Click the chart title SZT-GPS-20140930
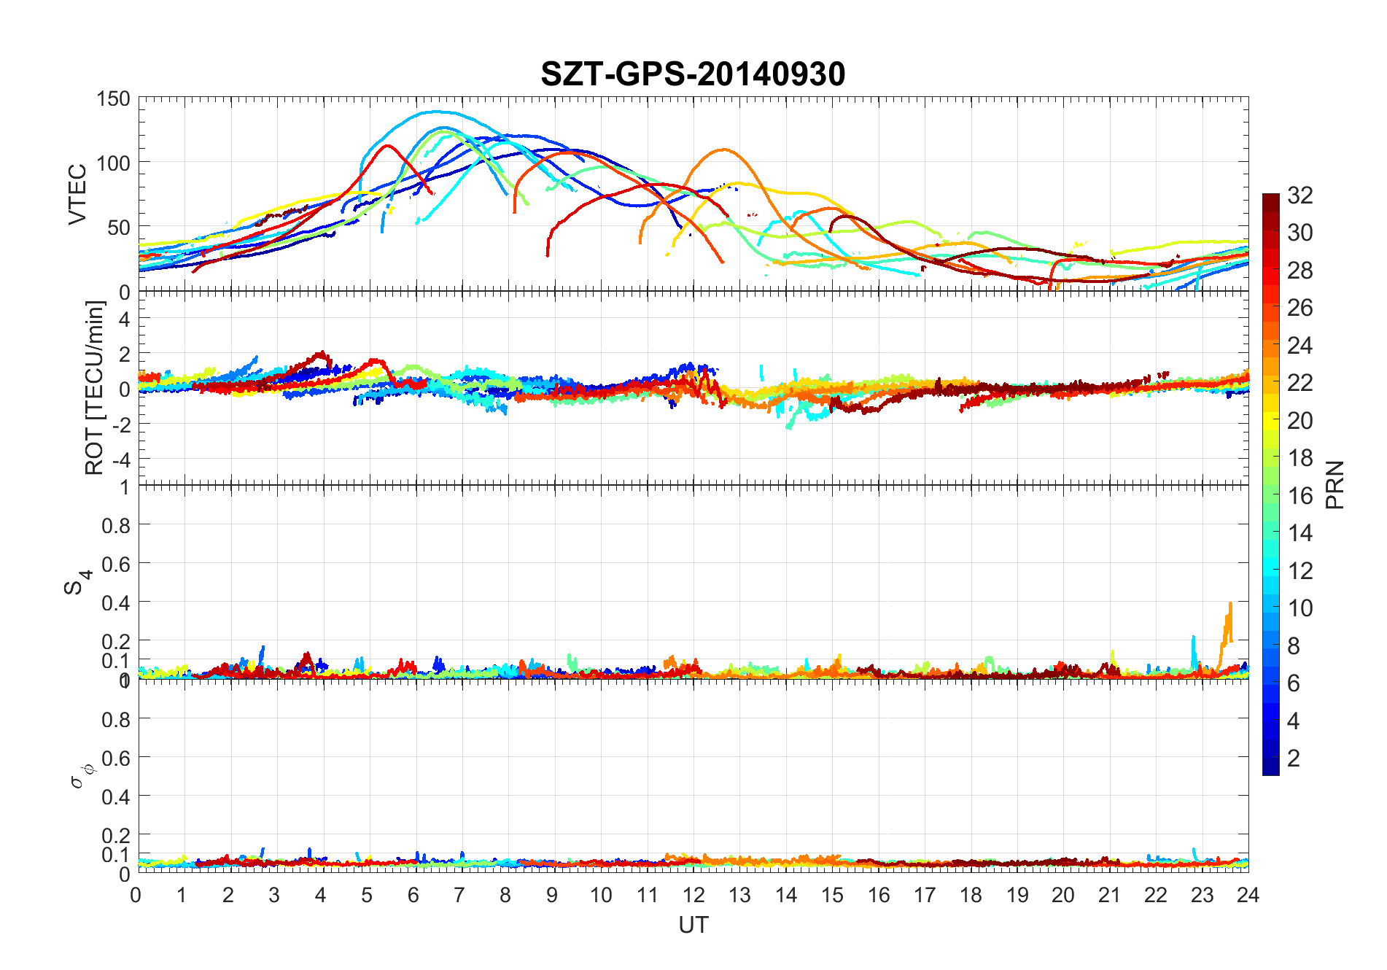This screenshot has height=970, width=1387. click(693, 74)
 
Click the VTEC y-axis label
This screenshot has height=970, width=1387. click(77, 194)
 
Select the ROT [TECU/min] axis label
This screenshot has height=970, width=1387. click(95, 388)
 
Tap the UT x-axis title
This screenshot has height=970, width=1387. click(693, 926)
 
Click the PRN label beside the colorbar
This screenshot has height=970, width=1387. click(1334, 485)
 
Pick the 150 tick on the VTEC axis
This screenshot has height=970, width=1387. click(113, 99)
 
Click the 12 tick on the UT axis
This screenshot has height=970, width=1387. click(693, 895)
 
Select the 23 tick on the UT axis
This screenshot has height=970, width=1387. click(1202, 895)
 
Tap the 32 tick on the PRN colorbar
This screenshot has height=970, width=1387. click(1299, 195)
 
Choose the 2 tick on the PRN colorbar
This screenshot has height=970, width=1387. click(1293, 758)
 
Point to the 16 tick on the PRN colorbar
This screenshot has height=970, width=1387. click(1299, 496)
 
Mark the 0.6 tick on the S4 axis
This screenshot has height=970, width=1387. click(116, 564)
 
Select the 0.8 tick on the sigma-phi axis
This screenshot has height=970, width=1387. click(116, 720)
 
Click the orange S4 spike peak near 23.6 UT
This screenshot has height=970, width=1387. click(1230, 604)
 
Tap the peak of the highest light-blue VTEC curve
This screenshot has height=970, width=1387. click(436, 112)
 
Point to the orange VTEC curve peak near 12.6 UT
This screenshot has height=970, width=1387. click(723, 150)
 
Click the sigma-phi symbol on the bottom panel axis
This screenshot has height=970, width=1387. click(80, 776)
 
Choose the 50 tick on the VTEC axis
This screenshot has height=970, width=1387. click(119, 228)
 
